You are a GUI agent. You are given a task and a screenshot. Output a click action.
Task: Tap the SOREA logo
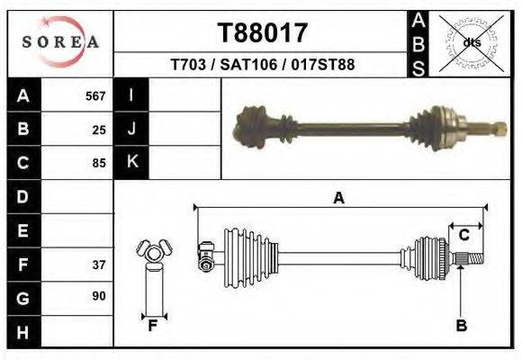tap(60, 41)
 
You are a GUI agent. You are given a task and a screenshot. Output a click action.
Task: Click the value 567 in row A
tap(95, 95)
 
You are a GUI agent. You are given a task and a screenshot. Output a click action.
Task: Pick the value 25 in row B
tap(99, 130)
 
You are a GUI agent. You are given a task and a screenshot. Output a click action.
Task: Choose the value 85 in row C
tap(99, 164)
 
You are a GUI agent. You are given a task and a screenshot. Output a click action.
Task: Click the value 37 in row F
tap(99, 265)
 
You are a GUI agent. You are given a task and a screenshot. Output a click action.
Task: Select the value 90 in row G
tap(99, 296)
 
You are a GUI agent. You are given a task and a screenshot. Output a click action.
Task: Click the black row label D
tap(22, 196)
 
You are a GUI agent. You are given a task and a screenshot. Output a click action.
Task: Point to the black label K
tap(132, 162)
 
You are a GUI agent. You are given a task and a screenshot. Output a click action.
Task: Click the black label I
tap(132, 95)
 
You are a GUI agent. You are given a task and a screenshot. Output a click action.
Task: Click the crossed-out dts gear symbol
tap(471, 42)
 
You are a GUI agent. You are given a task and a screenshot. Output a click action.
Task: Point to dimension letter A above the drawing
tap(339, 198)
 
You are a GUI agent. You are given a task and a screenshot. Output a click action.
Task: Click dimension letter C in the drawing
tap(463, 235)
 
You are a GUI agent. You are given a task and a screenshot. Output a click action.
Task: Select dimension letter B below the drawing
tap(461, 325)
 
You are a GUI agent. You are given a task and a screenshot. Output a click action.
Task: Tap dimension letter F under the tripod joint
tap(153, 325)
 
